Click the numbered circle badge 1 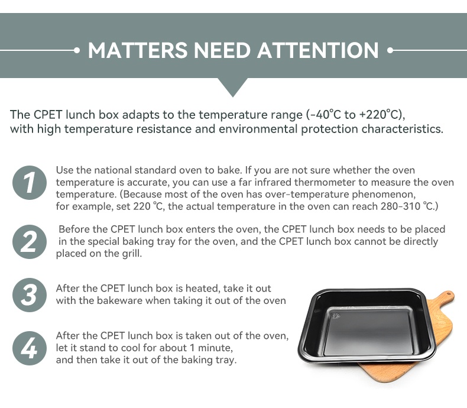[29, 183]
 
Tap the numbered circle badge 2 [29, 241]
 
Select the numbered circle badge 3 [29, 295]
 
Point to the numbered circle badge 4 [29, 348]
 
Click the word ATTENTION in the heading [318, 50]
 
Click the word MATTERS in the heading [138, 50]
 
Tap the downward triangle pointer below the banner [233, 88]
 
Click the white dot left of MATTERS [77, 50]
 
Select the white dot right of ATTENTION [390, 50]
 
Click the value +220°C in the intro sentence [379, 115]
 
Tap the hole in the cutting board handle [449, 294]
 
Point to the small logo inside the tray [337, 315]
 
